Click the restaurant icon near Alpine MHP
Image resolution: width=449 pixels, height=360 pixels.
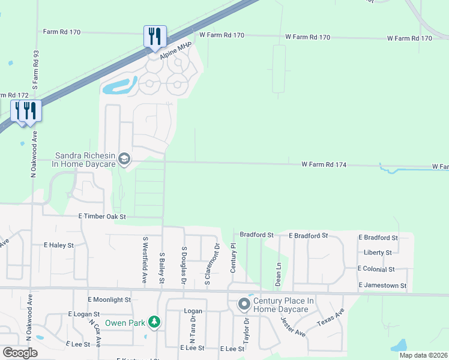155,37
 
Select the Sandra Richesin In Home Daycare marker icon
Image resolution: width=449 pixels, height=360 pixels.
124,158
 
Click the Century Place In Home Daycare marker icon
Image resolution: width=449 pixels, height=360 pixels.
244,304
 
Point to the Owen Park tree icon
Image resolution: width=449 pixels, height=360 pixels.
155,322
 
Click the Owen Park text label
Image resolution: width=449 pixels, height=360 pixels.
125,323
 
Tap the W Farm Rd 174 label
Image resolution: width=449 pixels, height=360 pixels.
324,164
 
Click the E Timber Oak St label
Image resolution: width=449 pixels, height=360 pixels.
102,216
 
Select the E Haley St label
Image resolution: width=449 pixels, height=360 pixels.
59,245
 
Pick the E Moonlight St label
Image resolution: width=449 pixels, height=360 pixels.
109,299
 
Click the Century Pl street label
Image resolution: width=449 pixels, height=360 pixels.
234,259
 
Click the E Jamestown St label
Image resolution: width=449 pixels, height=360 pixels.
382,286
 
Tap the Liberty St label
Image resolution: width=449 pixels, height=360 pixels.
378,253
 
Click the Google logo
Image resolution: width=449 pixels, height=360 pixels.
20,353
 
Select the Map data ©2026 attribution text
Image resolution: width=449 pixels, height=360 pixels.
423,355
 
